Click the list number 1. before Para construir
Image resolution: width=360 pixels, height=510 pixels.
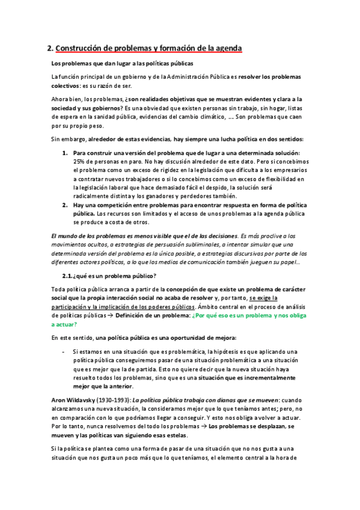[66, 153]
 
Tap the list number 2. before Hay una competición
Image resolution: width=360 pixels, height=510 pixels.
[66, 204]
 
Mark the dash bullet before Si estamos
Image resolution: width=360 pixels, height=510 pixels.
[64, 351]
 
